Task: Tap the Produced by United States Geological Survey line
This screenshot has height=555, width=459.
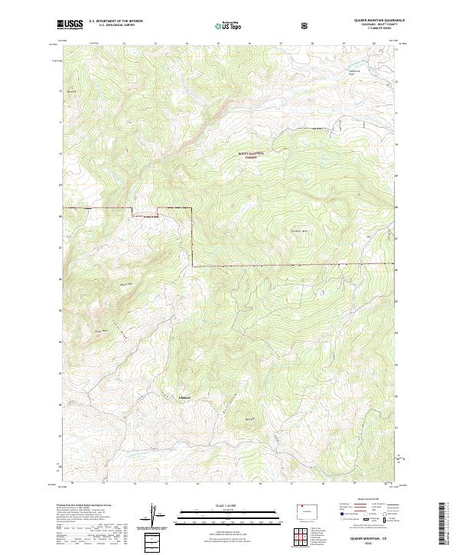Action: click(x=84, y=505)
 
